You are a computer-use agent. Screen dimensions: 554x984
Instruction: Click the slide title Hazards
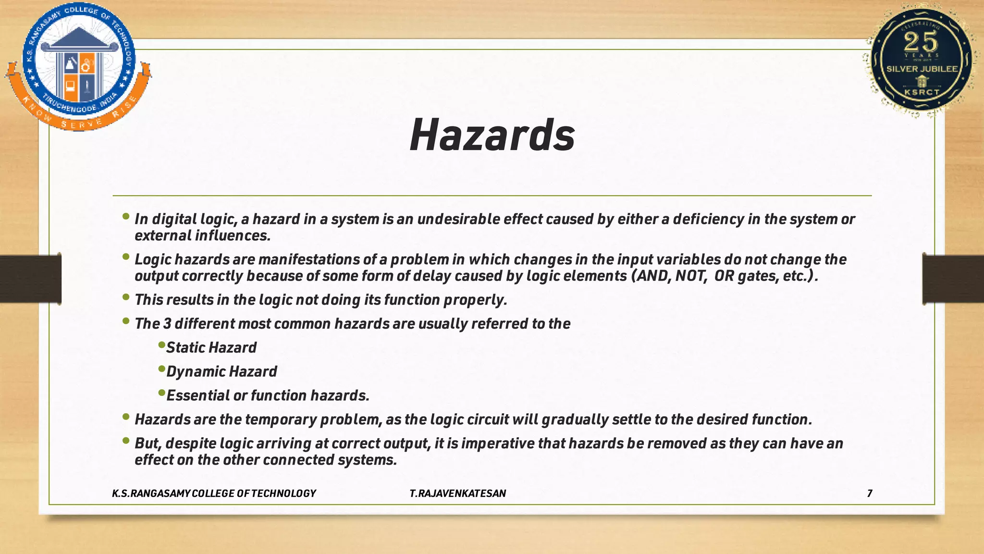coord(492,135)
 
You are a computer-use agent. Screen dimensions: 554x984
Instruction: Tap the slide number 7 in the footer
coord(870,493)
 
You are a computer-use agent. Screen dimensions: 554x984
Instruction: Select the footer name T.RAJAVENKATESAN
coord(458,493)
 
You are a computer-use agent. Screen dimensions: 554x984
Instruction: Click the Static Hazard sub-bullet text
coord(211,347)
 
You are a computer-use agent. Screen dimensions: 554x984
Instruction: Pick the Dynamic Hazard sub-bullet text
coord(221,371)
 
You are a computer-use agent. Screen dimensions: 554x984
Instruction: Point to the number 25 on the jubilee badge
coord(921,42)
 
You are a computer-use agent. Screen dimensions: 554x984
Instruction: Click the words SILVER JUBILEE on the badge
coord(922,69)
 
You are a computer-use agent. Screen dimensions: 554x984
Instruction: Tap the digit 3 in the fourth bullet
coord(167,324)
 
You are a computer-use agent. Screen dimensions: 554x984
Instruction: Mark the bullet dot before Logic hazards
coord(126,257)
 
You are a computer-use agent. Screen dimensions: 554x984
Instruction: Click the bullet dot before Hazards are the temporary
coord(126,417)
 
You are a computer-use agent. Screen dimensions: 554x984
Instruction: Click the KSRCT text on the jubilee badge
coord(922,92)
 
